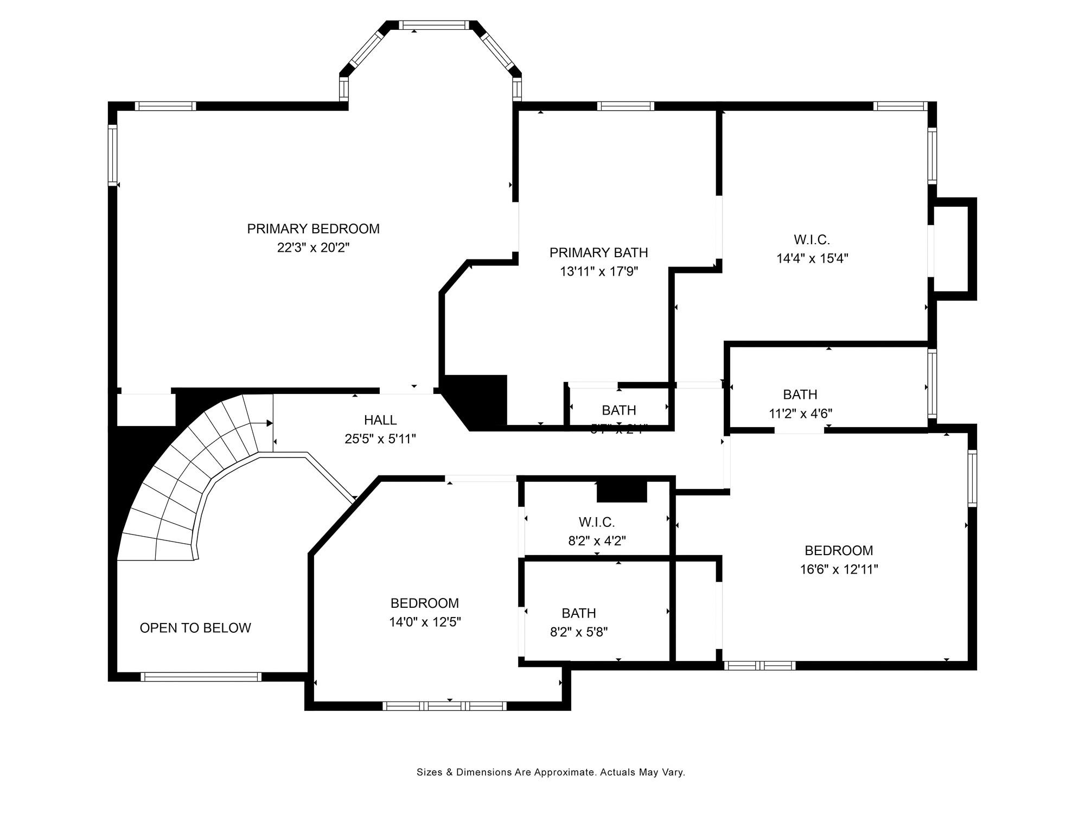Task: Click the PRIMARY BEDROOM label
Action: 313,228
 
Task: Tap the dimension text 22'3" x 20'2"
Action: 313,248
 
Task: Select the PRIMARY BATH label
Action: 598,252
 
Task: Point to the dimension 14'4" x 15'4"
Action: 812,258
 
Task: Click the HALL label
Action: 380,419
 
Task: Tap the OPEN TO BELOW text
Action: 195,628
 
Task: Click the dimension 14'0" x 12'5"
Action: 425,622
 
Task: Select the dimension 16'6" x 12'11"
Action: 838,569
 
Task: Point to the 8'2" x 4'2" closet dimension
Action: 597,541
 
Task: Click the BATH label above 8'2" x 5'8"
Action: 579,613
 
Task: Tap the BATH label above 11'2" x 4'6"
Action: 800,395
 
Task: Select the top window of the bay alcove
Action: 433,25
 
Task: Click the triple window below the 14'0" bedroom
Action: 444,706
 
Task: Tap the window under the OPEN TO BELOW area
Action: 201,677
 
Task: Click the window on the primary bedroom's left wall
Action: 113,155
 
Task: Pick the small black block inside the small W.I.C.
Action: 622,492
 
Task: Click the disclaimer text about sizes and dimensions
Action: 551,772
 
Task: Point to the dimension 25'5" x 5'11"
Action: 380,438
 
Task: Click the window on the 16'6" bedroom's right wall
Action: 972,478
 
